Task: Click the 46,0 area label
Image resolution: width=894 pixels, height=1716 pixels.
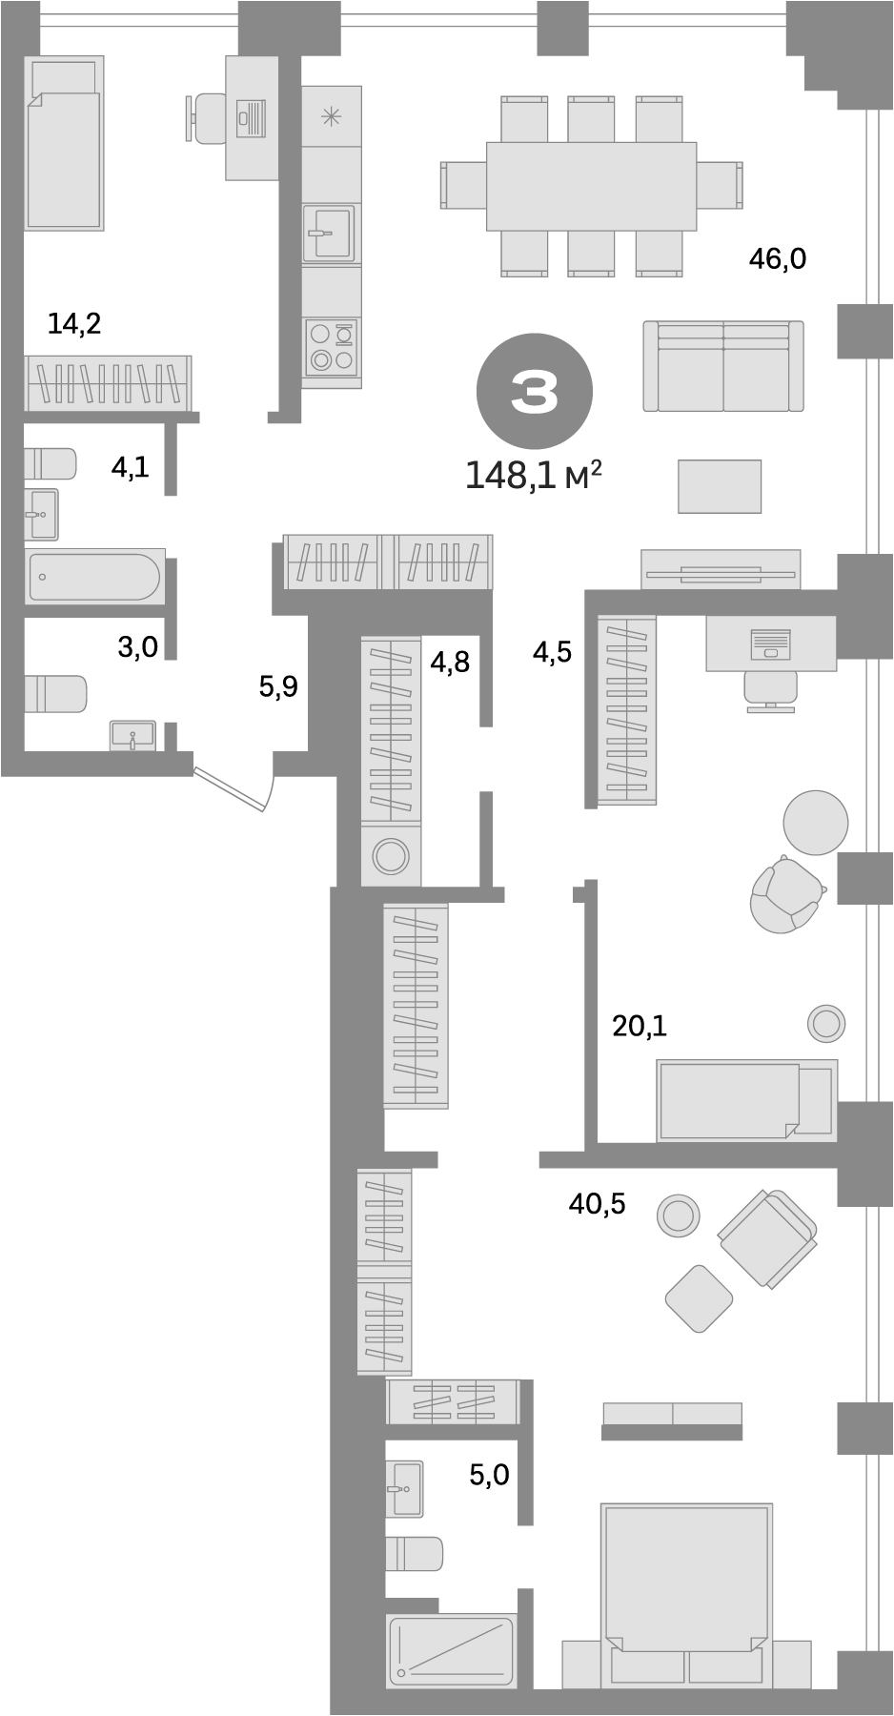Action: pos(777,257)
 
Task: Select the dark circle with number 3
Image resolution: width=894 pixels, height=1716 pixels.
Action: pos(534,392)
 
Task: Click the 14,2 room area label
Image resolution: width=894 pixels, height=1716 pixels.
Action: pos(74,324)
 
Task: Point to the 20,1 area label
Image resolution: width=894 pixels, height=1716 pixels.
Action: pos(639,1026)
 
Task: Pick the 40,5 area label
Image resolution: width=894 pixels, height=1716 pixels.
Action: pos(597,1203)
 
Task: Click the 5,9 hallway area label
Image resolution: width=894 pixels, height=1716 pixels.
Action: pos(278,685)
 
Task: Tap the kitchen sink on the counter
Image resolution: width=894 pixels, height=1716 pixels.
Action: pos(329,233)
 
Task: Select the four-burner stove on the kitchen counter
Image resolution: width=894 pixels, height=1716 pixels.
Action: pos(332,347)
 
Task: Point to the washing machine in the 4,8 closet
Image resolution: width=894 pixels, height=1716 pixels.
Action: pos(390,855)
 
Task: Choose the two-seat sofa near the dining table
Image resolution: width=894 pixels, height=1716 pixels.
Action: pos(722,366)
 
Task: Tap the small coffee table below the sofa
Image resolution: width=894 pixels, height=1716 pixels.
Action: pos(720,486)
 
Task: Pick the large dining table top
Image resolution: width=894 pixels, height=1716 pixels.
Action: pos(591,186)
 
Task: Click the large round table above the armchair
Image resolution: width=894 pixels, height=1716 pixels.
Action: pos(815,822)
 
